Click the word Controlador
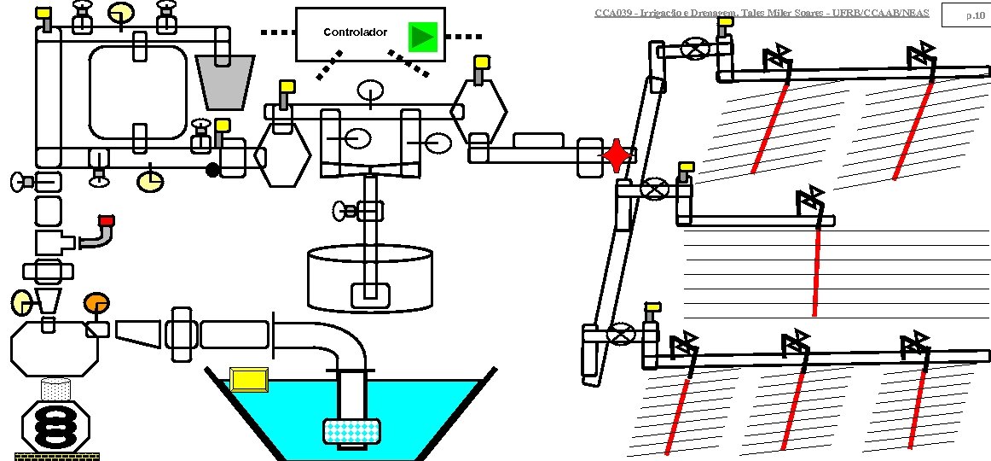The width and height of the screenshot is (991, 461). click(x=355, y=32)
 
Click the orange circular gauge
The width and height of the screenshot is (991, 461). click(x=96, y=303)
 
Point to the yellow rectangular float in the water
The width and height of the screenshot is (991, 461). click(x=249, y=378)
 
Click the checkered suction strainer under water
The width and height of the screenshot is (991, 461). click(x=352, y=432)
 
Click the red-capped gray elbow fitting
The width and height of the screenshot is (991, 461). click(x=100, y=232)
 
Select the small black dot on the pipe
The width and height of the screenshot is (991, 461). click(x=213, y=170)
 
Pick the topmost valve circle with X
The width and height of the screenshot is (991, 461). click(x=698, y=50)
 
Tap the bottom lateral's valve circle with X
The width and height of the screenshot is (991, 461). click(x=623, y=334)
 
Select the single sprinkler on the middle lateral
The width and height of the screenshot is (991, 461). click(x=810, y=202)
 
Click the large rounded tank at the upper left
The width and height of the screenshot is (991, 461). click(x=137, y=92)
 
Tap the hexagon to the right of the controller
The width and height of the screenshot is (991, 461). click(x=479, y=112)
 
